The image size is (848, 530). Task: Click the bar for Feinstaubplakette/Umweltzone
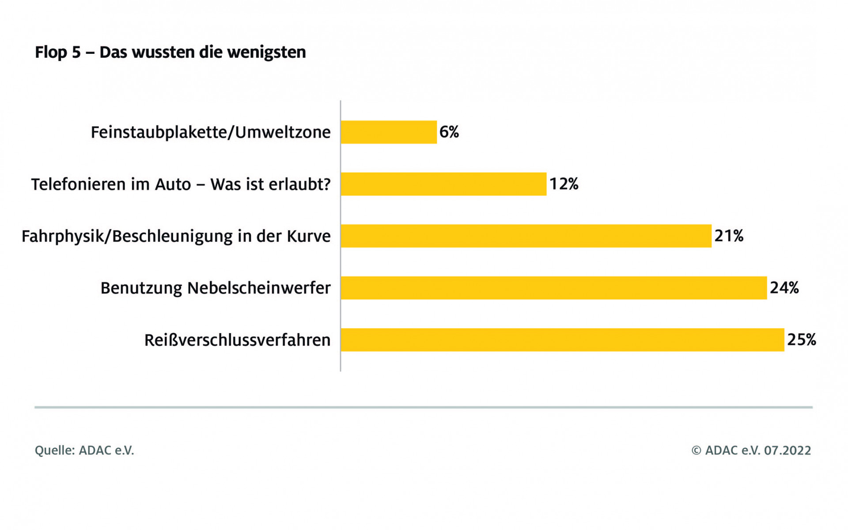tap(389, 132)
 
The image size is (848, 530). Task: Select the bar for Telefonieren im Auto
tap(443, 184)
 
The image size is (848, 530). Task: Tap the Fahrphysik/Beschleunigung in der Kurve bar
tap(526, 236)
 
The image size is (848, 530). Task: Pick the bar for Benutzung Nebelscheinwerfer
tap(553, 288)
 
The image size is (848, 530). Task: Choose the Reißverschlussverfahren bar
tap(562, 340)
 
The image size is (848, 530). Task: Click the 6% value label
tap(449, 132)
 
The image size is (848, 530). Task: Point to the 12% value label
tap(564, 184)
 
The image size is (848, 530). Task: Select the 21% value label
tap(729, 236)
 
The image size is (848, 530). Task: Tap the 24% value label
tap(784, 288)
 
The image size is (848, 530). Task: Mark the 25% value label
tap(802, 340)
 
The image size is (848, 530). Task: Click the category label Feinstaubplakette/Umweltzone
tap(211, 132)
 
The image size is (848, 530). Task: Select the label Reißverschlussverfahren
tap(237, 340)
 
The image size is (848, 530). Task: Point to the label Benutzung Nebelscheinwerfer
tap(216, 288)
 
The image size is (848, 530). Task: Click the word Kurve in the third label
tap(309, 236)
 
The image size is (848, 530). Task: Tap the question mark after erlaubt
tap(326, 184)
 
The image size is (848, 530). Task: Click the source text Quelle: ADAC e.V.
tap(84, 450)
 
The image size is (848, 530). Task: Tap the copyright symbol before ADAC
tap(696, 450)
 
